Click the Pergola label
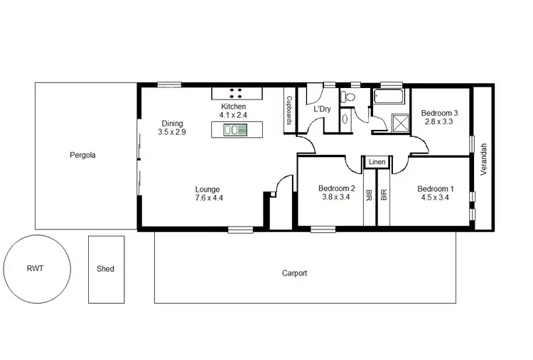pyautogui.click(x=82, y=154)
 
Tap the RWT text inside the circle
pyautogui.click(x=36, y=269)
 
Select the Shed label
pyautogui.click(x=104, y=269)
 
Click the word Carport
pyautogui.click(x=294, y=273)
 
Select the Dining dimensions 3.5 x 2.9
pyautogui.click(x=173, y=132)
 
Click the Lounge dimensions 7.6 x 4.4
pyautogui.click(x=209, y=199)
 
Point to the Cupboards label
pyautogui.click(x=290, y=111)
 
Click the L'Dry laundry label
pyautogui.click(x=322, y=109)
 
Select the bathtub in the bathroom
pyautogui.click(x=389, y=97)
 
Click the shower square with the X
pyautogui.click(x=399, y=122)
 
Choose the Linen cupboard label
pyautogui.click(x=377, y=163)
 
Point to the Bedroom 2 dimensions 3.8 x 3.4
pyautogui.click(x=335, y=197)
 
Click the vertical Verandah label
pyautogui.click(x=483, y=159)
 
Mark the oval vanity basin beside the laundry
pyautogui.click(x=345, y=119)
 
